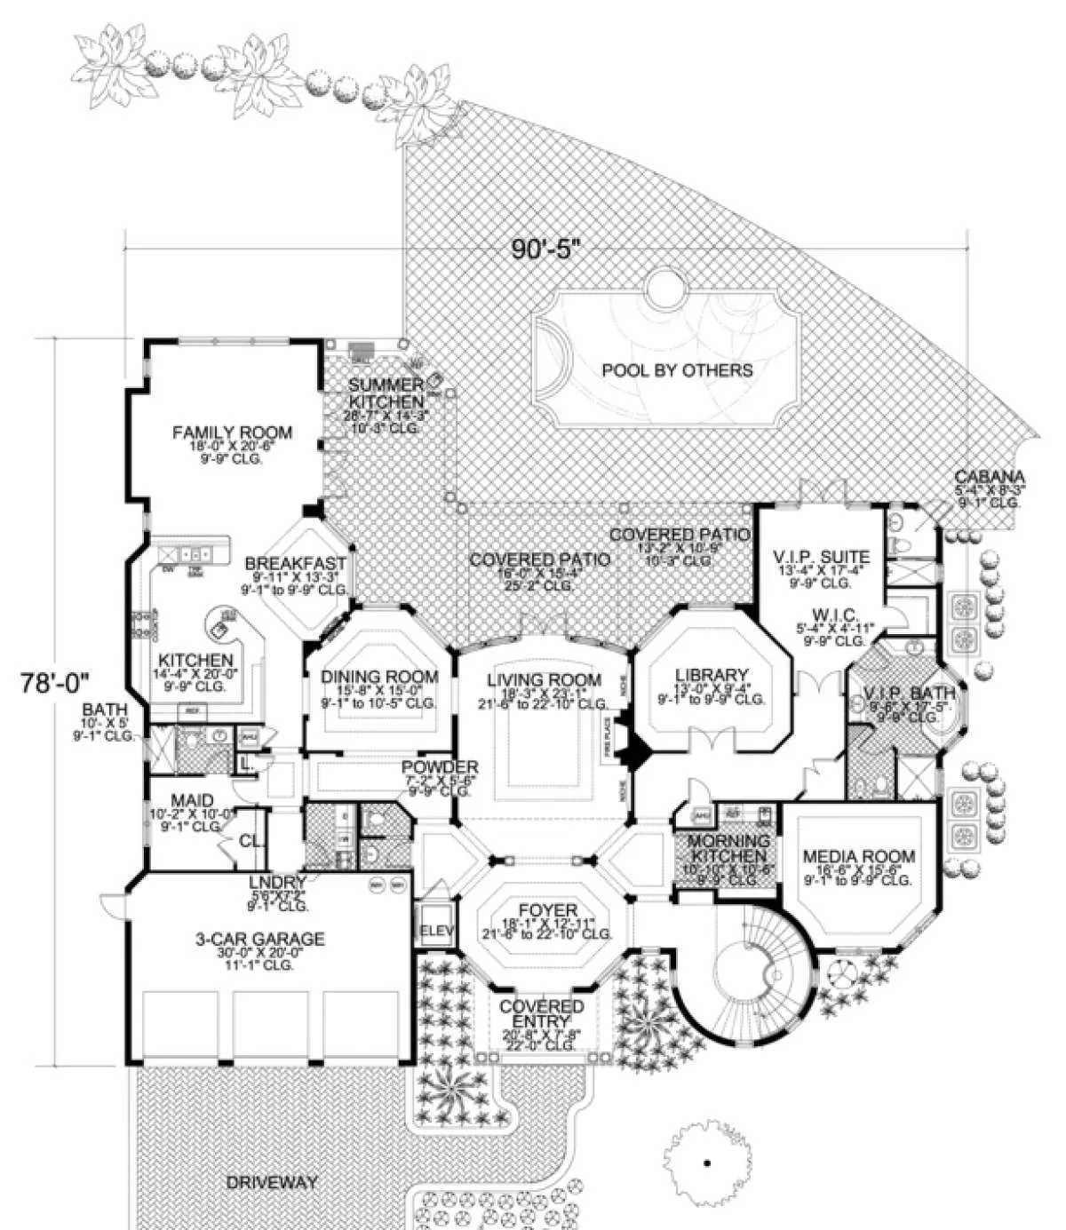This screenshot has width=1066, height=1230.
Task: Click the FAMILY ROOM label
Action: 232,433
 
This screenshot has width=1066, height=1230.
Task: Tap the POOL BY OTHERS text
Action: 677,370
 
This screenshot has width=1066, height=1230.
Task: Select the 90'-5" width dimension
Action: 545,250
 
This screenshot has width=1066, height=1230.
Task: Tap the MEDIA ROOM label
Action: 858,857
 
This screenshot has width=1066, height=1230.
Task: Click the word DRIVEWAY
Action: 272,1182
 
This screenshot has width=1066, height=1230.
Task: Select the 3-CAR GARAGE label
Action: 260,939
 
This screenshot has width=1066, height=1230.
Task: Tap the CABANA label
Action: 990,476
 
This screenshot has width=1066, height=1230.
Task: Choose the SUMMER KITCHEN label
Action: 386,393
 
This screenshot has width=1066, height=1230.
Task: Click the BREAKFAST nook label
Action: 295,563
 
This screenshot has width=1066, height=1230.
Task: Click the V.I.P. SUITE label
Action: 822,558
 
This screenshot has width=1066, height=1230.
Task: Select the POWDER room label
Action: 440,767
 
